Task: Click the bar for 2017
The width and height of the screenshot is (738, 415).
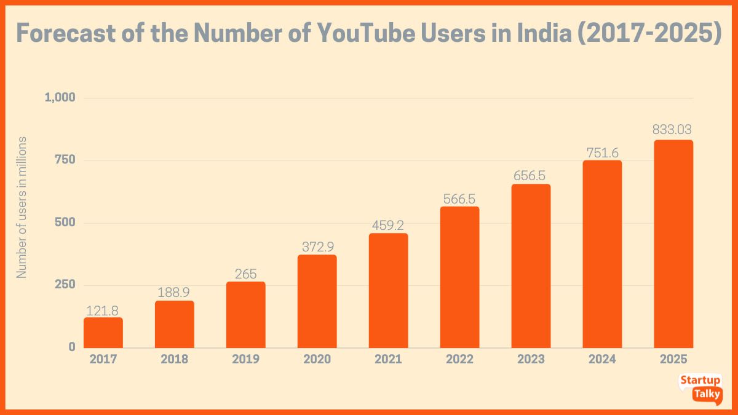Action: (x=103, y=333)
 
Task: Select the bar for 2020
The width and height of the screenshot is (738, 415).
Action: (x=317, y=301)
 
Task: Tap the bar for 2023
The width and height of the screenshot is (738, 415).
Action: (x=531, y=266)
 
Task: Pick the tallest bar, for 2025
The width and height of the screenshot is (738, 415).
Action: (x=673, y=244)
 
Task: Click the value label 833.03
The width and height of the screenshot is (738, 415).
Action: (x=673, y=130)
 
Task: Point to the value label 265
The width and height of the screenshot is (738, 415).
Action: (x=245, y=274)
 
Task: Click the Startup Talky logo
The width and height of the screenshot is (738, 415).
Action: (x=700, y=387)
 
